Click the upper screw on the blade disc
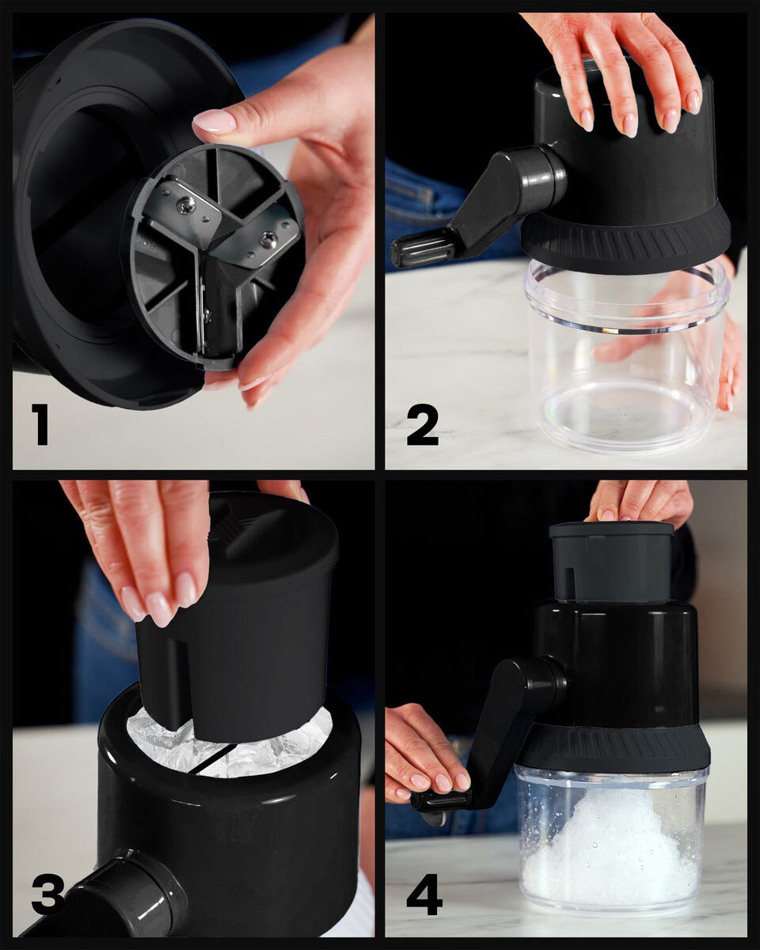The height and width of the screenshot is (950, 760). (x=185, y=204)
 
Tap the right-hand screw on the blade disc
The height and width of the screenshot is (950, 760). (x=268, y=241)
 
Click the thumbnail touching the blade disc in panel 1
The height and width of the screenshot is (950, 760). (x=215, y=120)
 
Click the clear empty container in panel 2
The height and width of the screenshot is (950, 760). (x=625, y=358)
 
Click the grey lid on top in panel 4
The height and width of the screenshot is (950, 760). (x=612, y=563)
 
